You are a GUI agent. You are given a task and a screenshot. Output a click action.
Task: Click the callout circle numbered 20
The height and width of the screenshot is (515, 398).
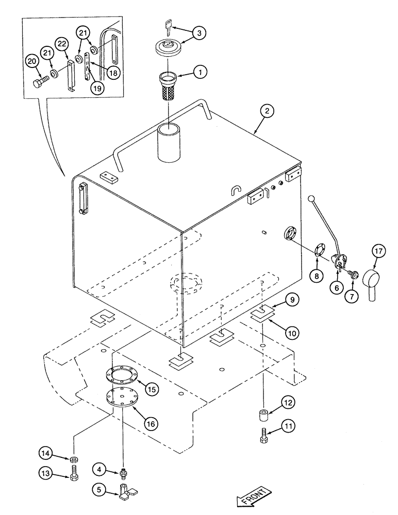pyautogui.click(x=32, y=62)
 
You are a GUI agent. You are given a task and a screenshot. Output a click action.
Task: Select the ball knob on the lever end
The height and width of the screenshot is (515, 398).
pyautogui.click(x=311, y=199)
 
